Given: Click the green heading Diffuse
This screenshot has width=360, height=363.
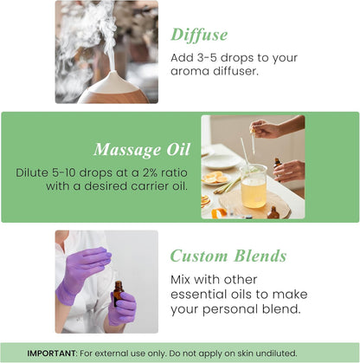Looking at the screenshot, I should [199, 35].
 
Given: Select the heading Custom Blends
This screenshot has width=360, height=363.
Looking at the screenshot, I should [228, 256].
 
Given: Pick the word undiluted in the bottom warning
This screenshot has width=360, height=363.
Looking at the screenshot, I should [271, 353].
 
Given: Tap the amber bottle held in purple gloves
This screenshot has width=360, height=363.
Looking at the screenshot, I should [117, 294].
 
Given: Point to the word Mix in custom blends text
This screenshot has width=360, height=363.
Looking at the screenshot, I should [183, 280].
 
